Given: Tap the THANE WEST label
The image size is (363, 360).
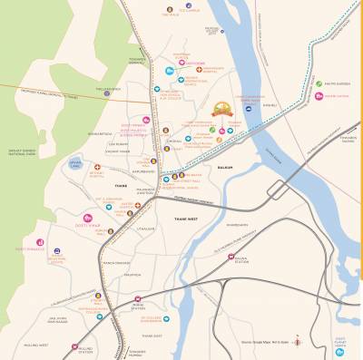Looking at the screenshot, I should pyautogui.click(x=187, y=218).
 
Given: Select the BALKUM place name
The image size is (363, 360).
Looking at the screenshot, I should pyautogui.click(x=225, y=168).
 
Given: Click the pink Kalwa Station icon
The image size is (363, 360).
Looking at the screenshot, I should pyautogui.click(x=231, y=258).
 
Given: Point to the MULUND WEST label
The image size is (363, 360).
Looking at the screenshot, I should pyautogui.click(x=36, y=345).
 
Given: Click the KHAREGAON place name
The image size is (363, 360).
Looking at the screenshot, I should pyautogui.click(x=237, y=223).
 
